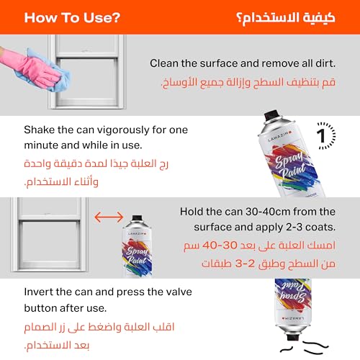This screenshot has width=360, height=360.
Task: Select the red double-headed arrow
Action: click(x=109, y=216)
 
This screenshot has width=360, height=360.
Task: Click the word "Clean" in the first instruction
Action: click(x=165, y=63)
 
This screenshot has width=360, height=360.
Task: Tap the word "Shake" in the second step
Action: click(x=40, y=130)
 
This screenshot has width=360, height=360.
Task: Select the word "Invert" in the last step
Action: click(x=40, y=293)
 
